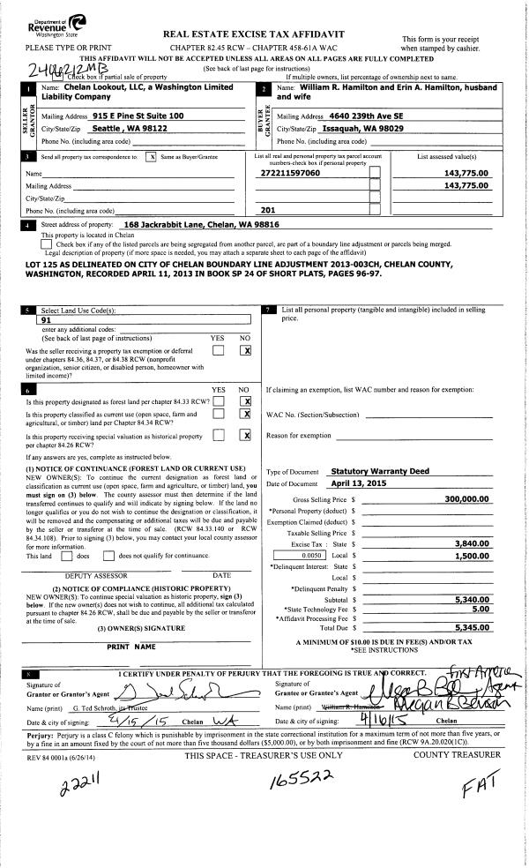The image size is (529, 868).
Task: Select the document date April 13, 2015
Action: pyautogui.click(x=339, y=484)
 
